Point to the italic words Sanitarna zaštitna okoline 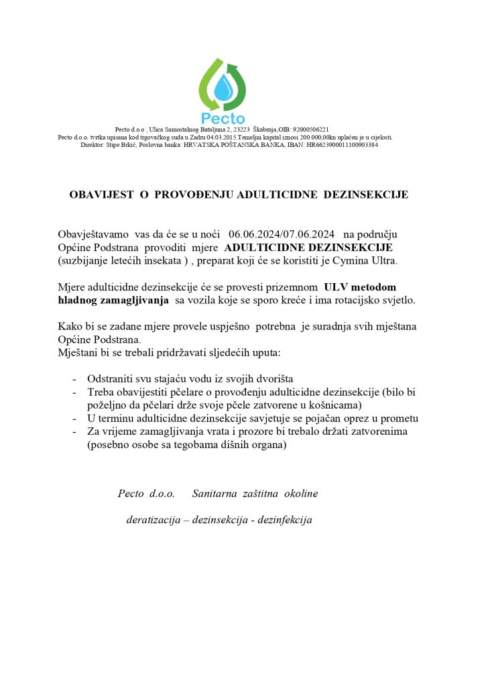coord(255,494)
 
